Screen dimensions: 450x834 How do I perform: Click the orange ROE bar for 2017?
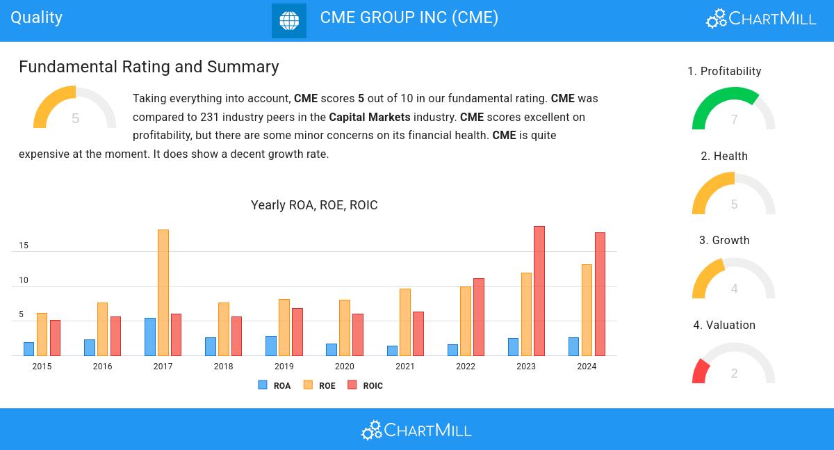point(163,292)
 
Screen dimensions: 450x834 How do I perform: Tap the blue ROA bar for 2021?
point(393,351)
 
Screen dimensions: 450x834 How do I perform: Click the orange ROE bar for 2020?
point(345,328)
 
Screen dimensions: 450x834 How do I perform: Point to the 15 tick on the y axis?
point(24,246)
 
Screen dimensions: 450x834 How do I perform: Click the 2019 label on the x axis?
point(284,367)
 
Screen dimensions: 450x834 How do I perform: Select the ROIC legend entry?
point(366,385)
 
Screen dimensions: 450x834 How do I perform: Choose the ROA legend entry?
point(275,385)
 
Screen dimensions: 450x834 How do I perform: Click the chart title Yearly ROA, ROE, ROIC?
point(314,205)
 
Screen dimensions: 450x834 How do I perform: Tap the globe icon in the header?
point(289,20)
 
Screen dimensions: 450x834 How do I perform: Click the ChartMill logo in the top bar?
point(761,18)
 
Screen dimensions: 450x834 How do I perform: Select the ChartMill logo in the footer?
point(416,430)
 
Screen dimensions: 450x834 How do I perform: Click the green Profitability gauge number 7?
point(734,120)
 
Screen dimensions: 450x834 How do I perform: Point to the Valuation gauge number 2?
point(734,373)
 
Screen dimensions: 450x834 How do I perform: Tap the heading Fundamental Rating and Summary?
point(149,67)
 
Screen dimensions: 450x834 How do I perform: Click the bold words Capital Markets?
point(370,117)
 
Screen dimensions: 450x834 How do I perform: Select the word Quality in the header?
point(37,17)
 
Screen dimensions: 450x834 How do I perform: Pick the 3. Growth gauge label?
point(724,241)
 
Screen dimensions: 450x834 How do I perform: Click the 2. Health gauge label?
point(724,156)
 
